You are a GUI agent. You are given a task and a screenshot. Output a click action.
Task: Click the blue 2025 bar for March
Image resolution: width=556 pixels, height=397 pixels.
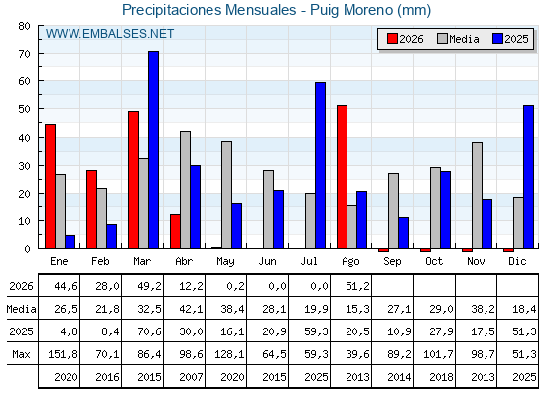tap(154, 150)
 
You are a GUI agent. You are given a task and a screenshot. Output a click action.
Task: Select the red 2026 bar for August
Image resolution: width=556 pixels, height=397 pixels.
tap(343, 177)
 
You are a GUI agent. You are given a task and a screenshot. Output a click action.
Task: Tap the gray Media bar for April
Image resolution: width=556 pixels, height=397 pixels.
tap(185, 190)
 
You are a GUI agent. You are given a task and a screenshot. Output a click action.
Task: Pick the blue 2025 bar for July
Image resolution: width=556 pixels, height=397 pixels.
tap(320, 166)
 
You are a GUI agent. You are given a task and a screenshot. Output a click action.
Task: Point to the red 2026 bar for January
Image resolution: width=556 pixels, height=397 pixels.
tap(50, 187)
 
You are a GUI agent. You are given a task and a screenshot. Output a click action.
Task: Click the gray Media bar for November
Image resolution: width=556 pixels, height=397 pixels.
tap(477, 196)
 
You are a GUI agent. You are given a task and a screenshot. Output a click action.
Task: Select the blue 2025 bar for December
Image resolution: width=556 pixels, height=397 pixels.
tap(528, 177)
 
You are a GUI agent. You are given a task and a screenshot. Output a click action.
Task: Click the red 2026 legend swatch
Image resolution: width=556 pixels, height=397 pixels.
tap(392, 39)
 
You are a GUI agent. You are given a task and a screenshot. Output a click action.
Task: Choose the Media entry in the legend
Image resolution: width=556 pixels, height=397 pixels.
tap(458, 39)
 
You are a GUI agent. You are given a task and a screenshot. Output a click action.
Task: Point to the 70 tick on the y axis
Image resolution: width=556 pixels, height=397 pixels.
tap(24, 54)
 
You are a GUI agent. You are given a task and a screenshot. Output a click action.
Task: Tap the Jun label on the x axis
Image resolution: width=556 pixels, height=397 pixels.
tap(267, 262)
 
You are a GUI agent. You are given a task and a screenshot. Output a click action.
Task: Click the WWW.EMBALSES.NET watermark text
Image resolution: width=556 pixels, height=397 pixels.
tap(109, 34)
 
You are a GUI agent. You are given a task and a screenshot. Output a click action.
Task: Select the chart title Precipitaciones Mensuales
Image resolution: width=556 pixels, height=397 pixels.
tap(208, 10)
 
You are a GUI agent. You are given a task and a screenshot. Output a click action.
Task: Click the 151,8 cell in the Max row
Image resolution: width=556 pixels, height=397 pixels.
tap(63, 354)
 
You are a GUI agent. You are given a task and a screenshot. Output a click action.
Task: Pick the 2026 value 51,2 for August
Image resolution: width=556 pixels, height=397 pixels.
tap(357, 286)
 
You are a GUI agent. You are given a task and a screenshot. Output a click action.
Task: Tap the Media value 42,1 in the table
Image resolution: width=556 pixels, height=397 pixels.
tap(191, 309)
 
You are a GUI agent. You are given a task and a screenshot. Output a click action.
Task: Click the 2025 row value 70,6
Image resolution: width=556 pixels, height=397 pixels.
tap(149, 331)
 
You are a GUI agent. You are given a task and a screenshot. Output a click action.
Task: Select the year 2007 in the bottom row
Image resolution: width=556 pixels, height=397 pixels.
tap(191, 377)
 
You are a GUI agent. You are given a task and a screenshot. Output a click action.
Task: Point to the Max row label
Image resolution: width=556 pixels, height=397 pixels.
tap(21, 354)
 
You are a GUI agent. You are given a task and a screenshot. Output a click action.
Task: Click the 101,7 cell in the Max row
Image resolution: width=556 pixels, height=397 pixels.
tap(438, 354)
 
